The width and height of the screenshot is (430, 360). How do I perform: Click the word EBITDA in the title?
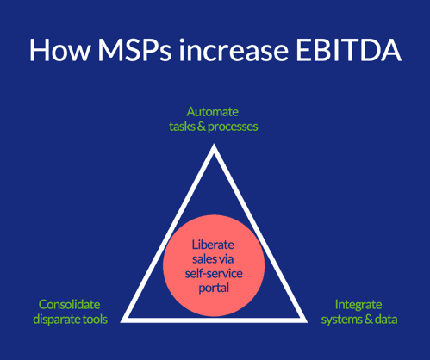tap(348, 50)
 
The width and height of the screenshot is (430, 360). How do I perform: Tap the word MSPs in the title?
tap(134, 50)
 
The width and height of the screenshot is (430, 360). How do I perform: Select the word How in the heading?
tap(59, 50)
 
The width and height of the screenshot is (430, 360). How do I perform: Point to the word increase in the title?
tap(234, 50)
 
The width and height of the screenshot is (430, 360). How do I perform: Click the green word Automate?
tap(213, 112)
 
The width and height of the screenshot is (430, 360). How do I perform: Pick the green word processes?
tap(233, 127)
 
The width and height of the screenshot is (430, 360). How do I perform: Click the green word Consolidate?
tap(70, 304)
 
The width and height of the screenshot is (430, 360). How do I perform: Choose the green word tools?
tap(95, 320)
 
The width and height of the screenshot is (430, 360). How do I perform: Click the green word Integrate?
tap(358, 305)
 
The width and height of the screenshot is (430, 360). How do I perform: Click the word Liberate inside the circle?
tap(213, 245)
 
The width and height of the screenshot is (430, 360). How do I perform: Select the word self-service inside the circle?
tap(214, 273)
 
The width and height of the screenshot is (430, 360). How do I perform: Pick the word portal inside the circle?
tap(214, 288)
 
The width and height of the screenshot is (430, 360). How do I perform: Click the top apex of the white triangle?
tap(214, 144)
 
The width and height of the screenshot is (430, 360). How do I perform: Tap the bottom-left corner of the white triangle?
tap(121, 322)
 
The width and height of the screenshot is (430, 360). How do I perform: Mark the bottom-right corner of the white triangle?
tap(308, 322)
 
